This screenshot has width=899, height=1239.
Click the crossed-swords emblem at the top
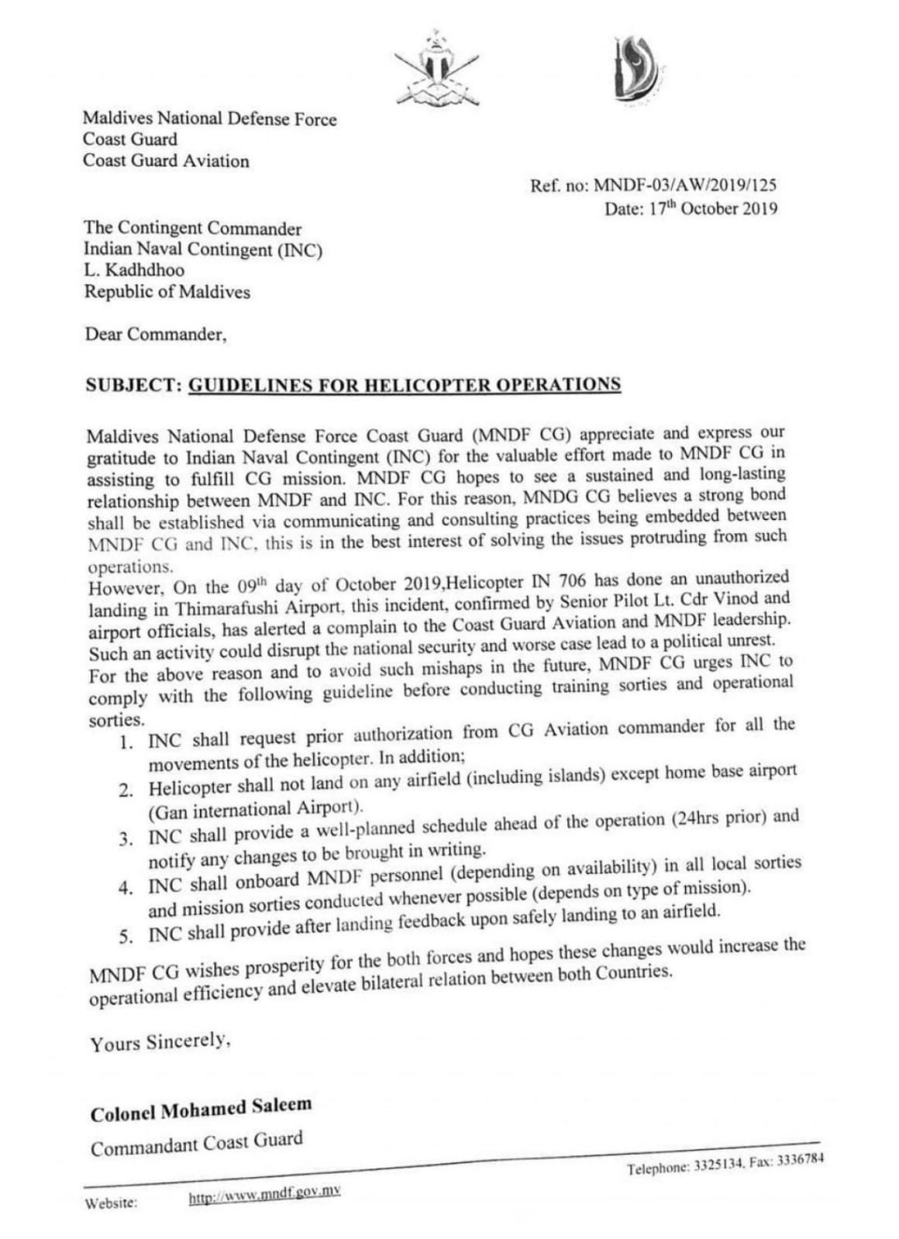[436, 70]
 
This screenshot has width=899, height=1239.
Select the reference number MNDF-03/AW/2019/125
[684, 186]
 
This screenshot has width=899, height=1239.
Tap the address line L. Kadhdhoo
[134, 270]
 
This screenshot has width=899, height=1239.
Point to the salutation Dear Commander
[155, 335]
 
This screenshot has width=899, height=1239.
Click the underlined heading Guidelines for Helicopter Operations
[405, 385]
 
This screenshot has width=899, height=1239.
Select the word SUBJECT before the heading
[133, 386]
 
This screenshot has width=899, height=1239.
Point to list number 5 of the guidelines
[126, 937]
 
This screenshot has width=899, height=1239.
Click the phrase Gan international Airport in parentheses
[254, 810]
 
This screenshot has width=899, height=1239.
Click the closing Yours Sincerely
[160, 1042]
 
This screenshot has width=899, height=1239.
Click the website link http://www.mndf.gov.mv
[264, 1196]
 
